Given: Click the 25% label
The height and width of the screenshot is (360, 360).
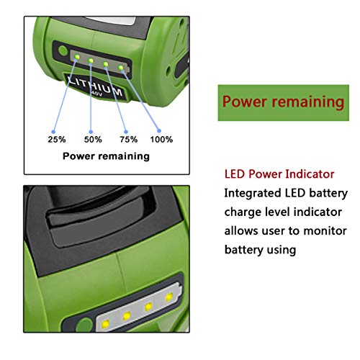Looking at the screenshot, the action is (57, 140).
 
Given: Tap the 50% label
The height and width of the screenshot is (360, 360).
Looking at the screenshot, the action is (93, 140).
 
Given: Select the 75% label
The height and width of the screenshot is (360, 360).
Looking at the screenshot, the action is (129, 140).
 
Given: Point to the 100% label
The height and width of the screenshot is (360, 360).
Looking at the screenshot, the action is (161, 140).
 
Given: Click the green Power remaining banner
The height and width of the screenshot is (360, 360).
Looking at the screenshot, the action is (284, 103).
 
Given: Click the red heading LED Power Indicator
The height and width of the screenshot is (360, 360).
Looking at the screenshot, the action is (279, 174).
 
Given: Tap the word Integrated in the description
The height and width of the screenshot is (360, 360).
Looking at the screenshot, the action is (253, 194).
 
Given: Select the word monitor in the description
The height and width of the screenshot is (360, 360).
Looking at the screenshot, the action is (325, 231).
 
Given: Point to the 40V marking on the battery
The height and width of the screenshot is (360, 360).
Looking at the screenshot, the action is (97, 94).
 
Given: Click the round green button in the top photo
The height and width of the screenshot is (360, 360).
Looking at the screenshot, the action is (63, 50).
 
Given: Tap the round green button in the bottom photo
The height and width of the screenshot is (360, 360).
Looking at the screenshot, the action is (84, 325).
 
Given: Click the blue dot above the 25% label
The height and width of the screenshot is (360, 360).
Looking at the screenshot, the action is (53, 132).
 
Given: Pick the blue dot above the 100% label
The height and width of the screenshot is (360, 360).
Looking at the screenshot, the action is (159, 131).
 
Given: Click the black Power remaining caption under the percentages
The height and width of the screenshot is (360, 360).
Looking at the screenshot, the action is (106, 156).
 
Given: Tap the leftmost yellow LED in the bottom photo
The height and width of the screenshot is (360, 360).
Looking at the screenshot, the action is (105, 324).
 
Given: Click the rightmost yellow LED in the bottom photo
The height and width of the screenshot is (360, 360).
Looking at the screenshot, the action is (169, 297).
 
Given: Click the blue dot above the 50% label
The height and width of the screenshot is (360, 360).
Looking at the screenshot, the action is (91, 132).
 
